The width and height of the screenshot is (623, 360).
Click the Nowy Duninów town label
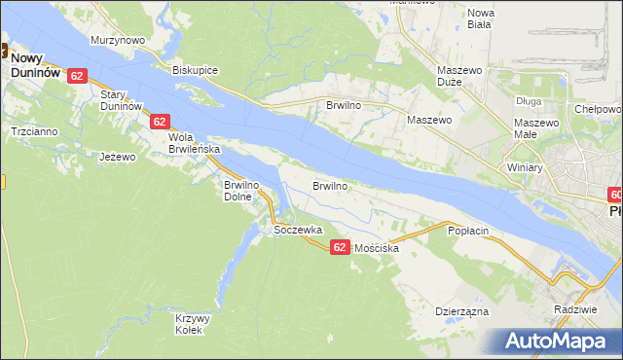click(x=35, y=64)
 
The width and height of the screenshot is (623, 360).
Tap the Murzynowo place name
click(x=118, y=40)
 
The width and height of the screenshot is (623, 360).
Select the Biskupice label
click(x=195, y=70)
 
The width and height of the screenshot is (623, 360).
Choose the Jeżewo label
click(x=118, y=156)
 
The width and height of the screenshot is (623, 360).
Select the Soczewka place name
click(x=298, y=230)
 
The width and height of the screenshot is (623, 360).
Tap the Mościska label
click(x=377, y=249)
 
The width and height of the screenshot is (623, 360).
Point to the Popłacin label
click(x=467, y=231)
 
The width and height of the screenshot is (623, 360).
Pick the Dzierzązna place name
click(x=461, y=312)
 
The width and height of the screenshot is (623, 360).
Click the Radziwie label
click(x=573, y=308)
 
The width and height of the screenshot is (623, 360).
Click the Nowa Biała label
click(x=481, y=18)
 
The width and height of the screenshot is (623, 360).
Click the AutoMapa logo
click(x=560, y=341)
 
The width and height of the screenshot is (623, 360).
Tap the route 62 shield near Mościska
click(x=339, y=247)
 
